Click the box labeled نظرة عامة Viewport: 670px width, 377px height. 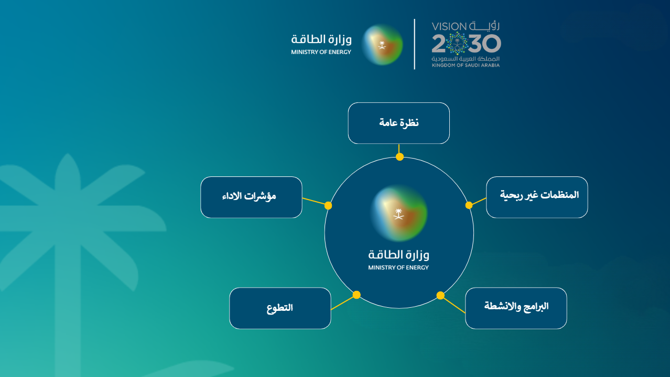[x=398, y=123]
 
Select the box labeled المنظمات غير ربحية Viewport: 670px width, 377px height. [x=537, y=197]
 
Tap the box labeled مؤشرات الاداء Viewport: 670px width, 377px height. [x=251, y=197]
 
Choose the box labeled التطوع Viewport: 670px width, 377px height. [x=280, y=308]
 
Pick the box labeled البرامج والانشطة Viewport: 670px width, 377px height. [x=516, y=308]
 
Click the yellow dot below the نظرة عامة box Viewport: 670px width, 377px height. [x=399, y=156]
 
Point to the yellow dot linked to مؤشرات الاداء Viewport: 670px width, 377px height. [x=328, y=205]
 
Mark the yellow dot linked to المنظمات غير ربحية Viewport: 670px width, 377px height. [x=469, y=205]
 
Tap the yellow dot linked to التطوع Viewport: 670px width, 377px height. [x=356, y=295]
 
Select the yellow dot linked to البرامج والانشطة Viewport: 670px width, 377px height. [x=440, y=295]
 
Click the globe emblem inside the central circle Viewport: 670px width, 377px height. [x=399, y=212]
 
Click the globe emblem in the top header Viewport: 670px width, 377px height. [x=383, y=44]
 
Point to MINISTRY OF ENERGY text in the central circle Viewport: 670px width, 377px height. [x=398, y=268]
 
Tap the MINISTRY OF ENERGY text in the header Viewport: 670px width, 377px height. [x=321, y=53]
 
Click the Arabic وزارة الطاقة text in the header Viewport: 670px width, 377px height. [x=322, y=39]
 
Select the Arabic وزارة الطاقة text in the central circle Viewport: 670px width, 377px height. [x=398, y=255]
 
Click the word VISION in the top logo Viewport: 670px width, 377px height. [x=449, y=26]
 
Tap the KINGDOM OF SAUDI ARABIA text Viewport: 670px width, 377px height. [x=466, y=66]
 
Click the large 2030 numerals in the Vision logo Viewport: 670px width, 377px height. [x=466, y=43]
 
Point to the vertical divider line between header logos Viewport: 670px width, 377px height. [x=415, y=44]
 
